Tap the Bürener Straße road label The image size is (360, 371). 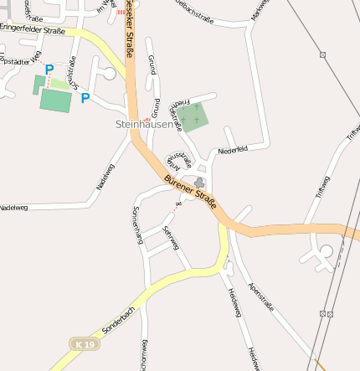click(x=191, y=191)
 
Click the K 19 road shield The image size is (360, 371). click(x=84, y=344)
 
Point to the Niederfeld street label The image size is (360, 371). click(x=233, y=151)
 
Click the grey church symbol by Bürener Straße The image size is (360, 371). click(x=199, y=183)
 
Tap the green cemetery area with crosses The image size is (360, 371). click(x=193, y=117)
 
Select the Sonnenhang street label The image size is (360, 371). click(x=138, y=224)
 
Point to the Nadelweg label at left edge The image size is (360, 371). click(x=13, y=207)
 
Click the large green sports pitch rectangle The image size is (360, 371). click(x=56, y=100)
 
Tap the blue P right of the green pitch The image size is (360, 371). click(x=85, y=98)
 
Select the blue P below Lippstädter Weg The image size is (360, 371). click(x=49, y=70)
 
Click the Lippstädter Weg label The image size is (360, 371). click(x=23, y=59)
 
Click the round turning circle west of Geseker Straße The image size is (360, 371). click(x=110, y=75)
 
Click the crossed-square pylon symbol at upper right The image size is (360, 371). click(x=322, y=55)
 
